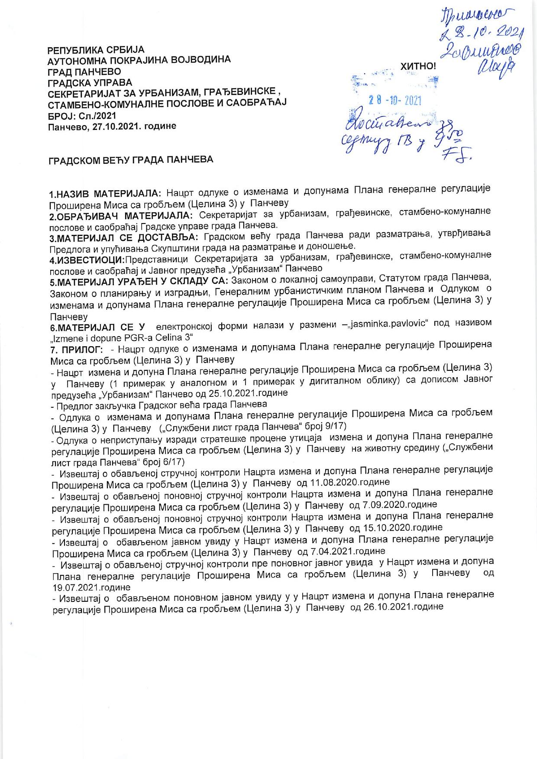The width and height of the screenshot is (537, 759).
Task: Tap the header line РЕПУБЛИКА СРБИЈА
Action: (96, 50)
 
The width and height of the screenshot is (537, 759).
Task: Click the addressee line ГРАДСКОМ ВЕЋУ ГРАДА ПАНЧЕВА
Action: (130, 159)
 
